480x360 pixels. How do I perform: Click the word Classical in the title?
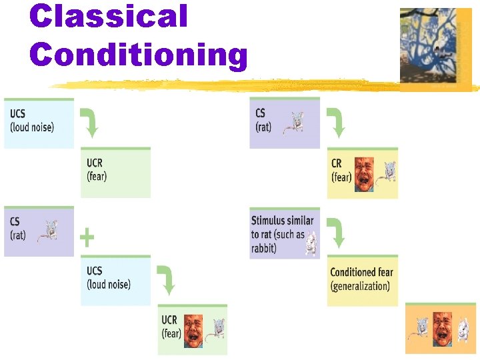109,16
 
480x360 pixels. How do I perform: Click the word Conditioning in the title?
139,55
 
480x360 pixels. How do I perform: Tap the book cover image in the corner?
435,47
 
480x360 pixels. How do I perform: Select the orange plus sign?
87,237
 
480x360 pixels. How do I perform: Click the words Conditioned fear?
361,272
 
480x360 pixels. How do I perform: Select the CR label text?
337,163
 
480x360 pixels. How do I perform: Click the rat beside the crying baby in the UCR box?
215,329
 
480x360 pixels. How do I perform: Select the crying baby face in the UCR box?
194,327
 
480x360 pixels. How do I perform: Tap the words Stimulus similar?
282,220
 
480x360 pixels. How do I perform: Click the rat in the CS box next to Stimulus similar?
293,122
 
